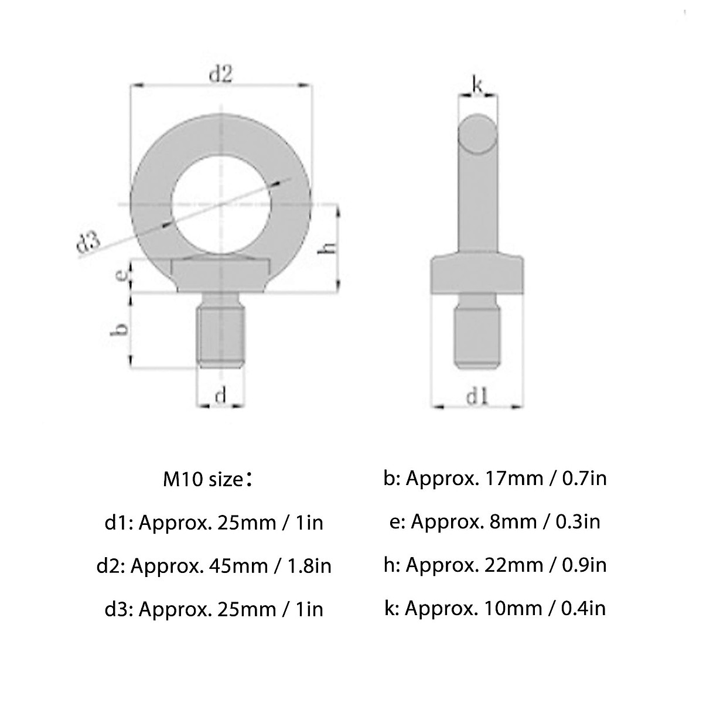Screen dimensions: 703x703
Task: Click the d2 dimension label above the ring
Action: [221, 74]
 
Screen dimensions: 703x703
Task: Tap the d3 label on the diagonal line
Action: [88, 244]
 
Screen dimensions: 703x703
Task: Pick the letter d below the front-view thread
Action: [220, 396]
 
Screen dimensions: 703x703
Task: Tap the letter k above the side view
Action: [477, 86]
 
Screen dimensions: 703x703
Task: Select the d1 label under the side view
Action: [477, 397]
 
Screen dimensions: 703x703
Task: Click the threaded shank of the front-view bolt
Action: [220, 337]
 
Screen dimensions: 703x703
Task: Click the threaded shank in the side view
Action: [477, 337]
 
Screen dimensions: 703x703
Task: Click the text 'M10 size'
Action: [203, 480]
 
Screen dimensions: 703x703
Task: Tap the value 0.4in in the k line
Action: [583, 608]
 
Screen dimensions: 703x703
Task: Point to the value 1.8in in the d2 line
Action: [309, 566]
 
